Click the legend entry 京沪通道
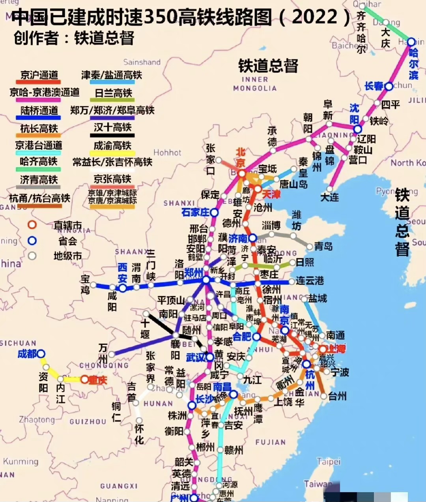(x=39, y=75)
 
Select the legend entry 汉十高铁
(x=112, y=128)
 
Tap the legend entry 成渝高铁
(x=112, y=145)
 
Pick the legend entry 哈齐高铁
(x=39, y=161)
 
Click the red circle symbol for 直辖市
(x=32, y=225)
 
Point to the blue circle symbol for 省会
(x=32, y=241)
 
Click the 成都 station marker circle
(x=41, y=354)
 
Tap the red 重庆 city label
(x=97, y=380)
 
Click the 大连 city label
(x=330, y=196)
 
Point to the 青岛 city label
(x=323, y=246)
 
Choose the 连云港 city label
(x=310, y=281)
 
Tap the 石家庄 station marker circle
(x=214, y=213)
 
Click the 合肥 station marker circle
(x=256, y=337)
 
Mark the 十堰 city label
(x=145, y=329)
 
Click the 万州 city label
(x=103, y=354)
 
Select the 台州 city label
(x=337, y=396)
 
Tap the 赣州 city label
(x=234, y=450)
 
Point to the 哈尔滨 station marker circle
(x=411, y=42)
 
